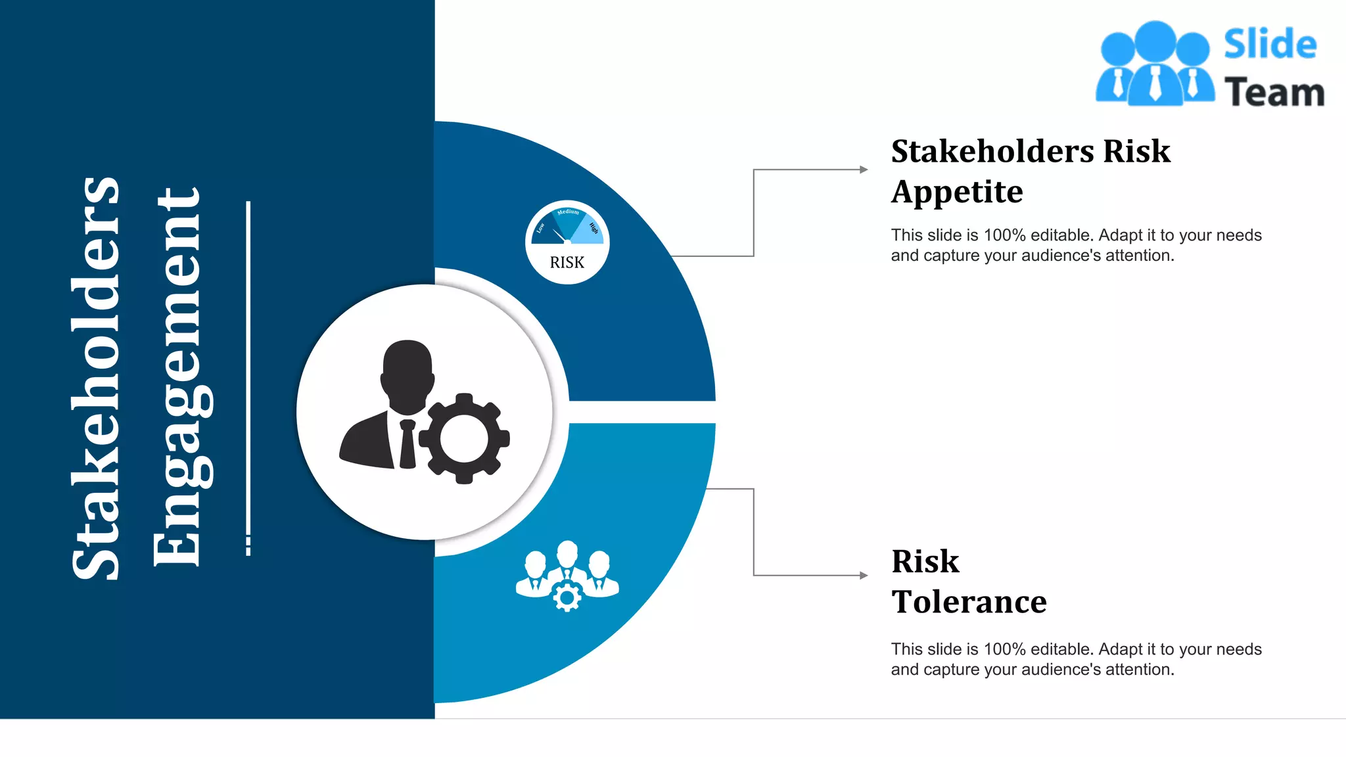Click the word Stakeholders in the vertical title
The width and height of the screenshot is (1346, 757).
[96, 378]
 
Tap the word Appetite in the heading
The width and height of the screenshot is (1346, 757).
[957, 193]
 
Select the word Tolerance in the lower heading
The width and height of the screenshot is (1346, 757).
[969, 602]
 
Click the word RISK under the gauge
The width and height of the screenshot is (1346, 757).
[567, 263]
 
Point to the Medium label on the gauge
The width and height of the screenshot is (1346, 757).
[568, 212]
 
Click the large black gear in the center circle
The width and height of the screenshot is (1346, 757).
[465, 438]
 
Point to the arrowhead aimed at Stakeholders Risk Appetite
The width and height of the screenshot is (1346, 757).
[864, 170]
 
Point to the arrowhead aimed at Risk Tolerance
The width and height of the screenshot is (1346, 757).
[864, 576]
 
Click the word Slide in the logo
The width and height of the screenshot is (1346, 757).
[1270, 45]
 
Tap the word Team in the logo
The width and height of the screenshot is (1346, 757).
[1274, 92]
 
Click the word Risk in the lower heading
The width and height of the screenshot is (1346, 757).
[925, 562]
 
